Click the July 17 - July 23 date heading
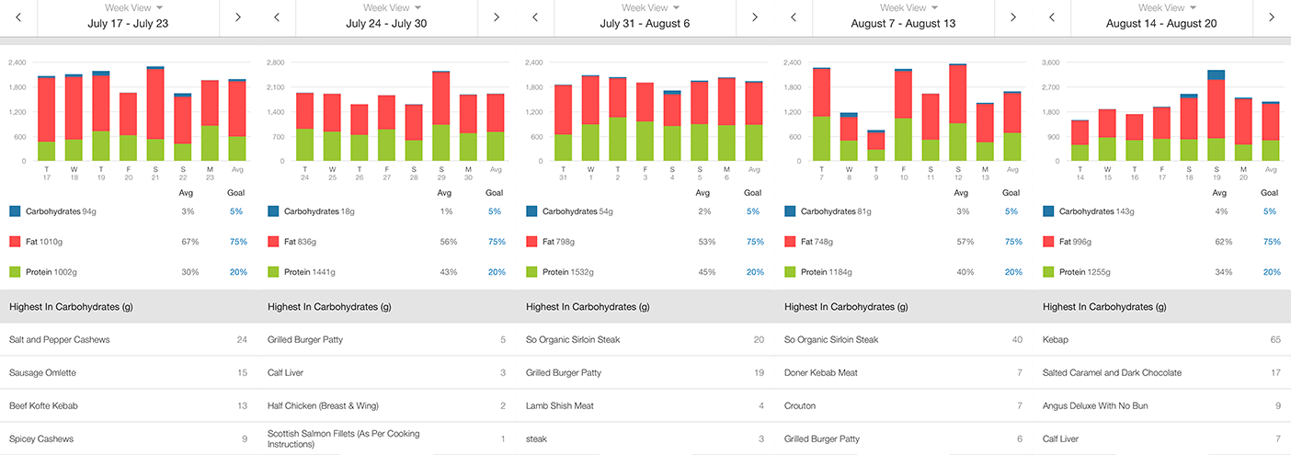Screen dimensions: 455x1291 [x=128, y=23]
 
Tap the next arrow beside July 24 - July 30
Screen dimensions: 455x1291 [x=497, y=17]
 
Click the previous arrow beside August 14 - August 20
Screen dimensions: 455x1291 [x=1052, y=17]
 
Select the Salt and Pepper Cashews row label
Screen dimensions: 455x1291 [x=59, y=340]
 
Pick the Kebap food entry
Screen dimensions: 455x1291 [x=1057, y=340]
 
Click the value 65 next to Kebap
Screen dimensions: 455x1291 [x=1274, y=340]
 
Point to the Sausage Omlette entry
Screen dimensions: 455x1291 [x=43, y=373]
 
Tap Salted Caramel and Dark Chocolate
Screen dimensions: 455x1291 [x=1112, y=373]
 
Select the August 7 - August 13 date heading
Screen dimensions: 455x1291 [x=903, y=23]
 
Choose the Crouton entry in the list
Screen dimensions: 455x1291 [x=801, y=406]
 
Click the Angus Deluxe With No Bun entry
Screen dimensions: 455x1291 [x=1109, y=406]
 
